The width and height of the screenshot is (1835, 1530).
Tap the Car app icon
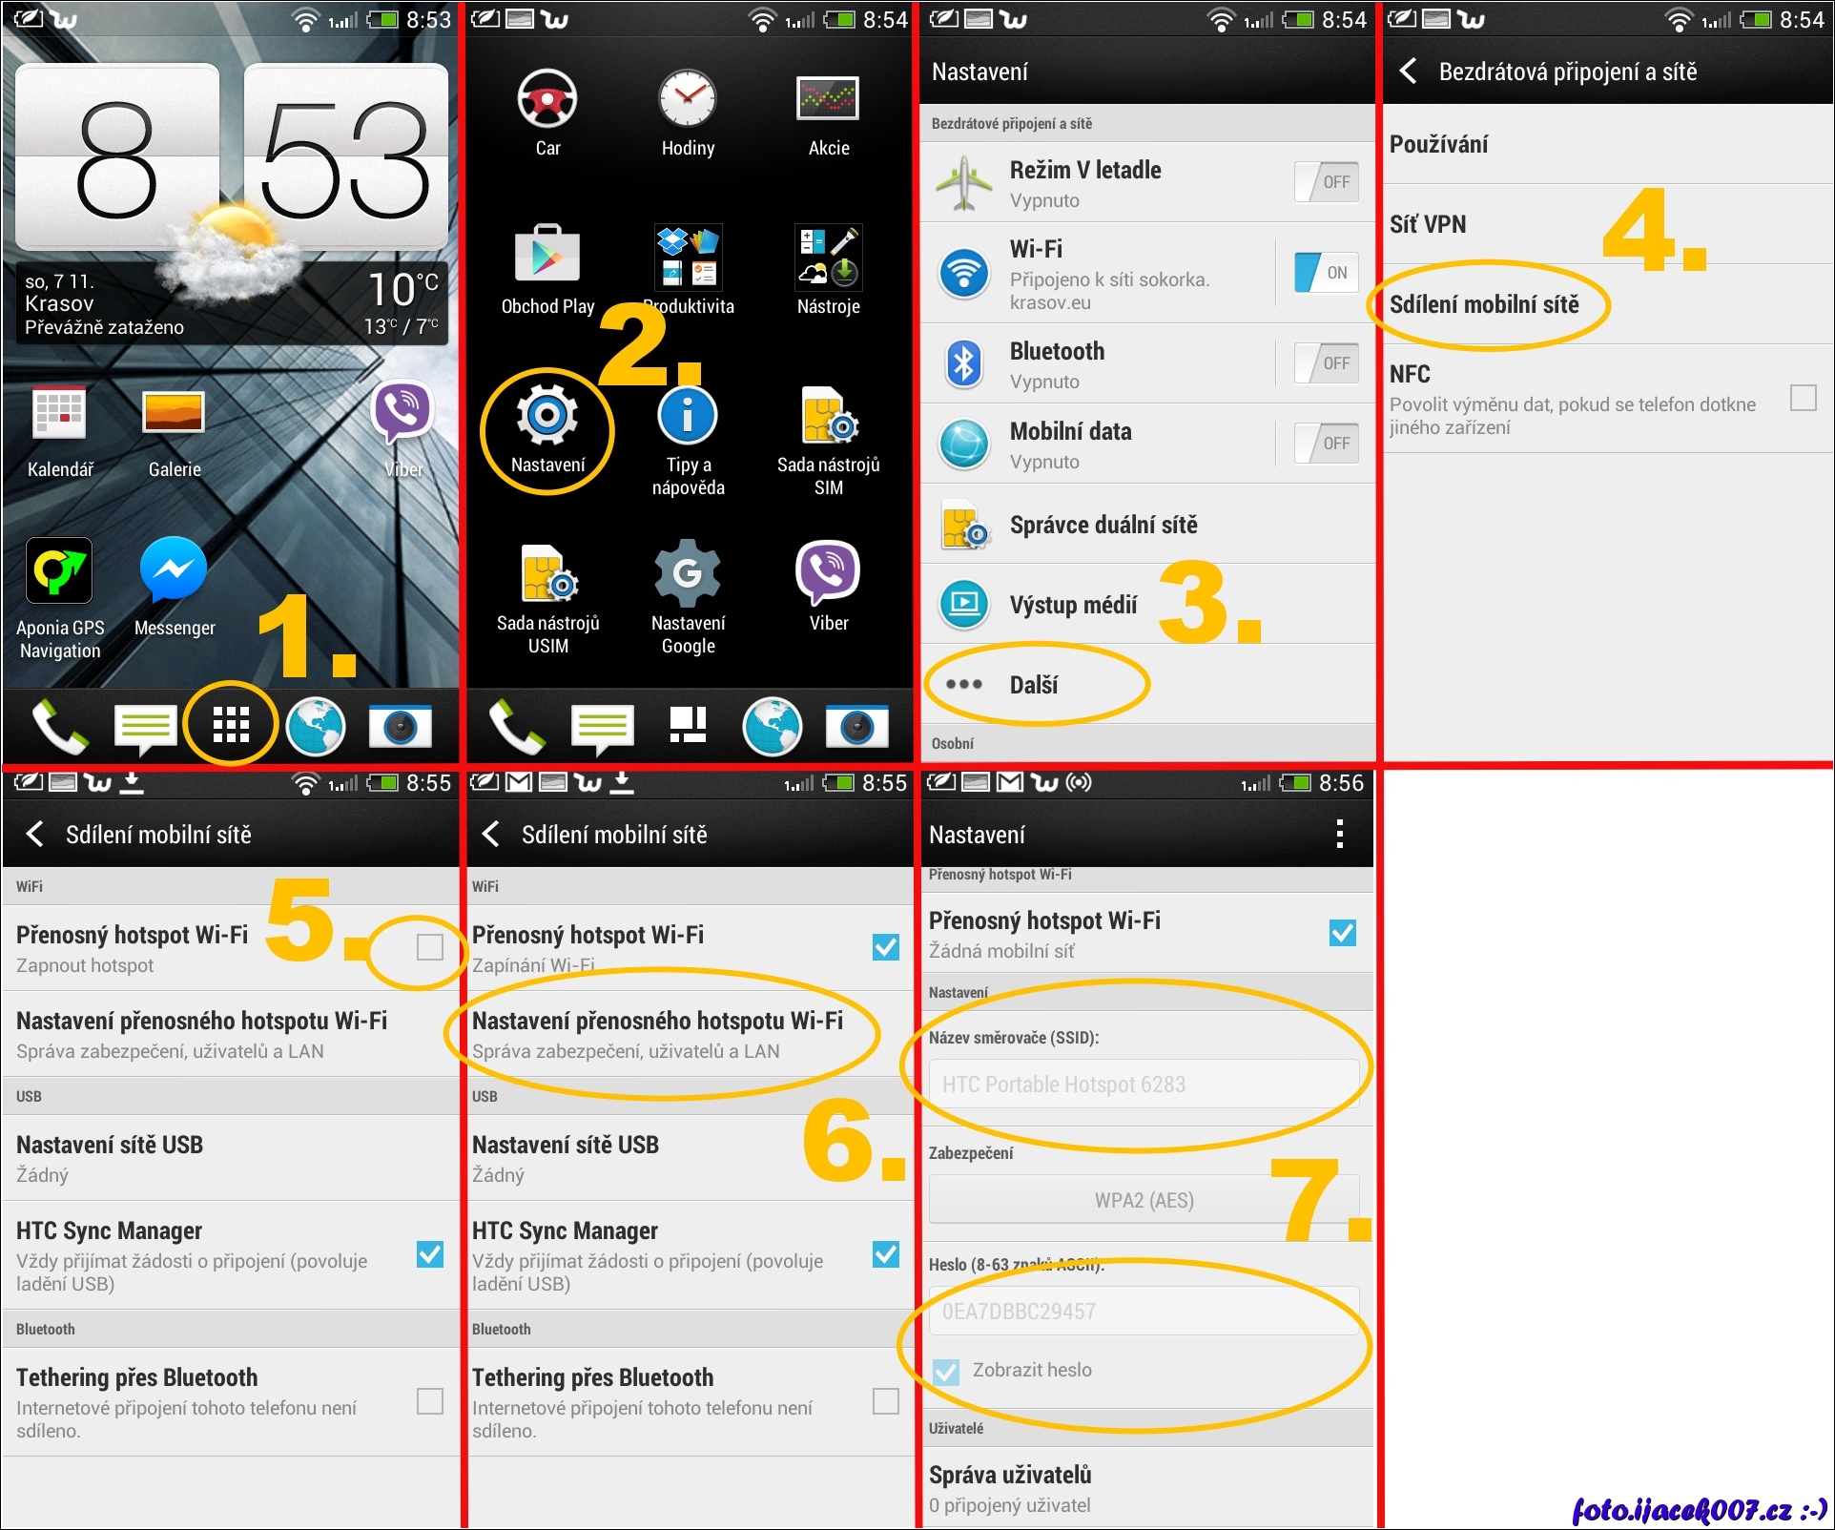(546, 99)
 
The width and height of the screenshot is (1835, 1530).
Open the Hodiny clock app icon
(688, 98)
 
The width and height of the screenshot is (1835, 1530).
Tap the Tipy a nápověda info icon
(688, 415)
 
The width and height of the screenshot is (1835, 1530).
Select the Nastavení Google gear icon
(688, 572)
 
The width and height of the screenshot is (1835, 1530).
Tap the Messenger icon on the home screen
(173, 569)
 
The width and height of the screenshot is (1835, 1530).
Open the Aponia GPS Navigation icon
(59, 570)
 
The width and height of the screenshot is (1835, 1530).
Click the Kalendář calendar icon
(59, 412)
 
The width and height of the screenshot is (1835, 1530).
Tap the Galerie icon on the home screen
(173, 412)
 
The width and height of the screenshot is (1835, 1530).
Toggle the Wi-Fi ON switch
(1326, 273)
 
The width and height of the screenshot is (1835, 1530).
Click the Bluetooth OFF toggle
(1326, 363)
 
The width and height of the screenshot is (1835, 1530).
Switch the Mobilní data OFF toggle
(1326, 444)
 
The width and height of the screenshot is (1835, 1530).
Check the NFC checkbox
(1803, 398)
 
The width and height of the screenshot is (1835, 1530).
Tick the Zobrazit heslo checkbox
(946, 1372)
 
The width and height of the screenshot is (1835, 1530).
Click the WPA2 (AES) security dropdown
(1144, 1200)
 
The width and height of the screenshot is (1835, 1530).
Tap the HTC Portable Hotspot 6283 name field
(1144, 1085)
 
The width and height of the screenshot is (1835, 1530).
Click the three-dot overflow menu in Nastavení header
(1339, 834)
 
